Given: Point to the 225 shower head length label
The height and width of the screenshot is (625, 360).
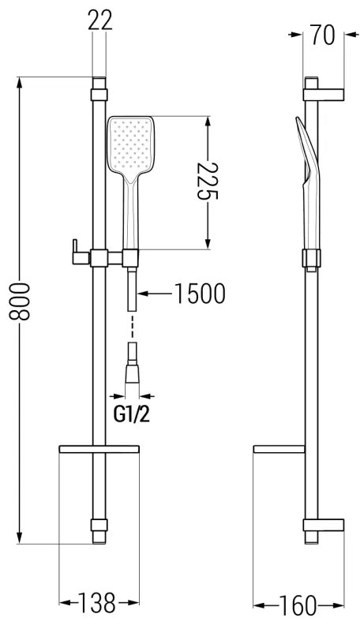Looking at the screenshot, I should point(206,182).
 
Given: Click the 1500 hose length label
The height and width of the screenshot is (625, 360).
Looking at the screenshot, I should point(199,294).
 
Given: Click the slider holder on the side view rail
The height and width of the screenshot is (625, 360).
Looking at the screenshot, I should point(311,258).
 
